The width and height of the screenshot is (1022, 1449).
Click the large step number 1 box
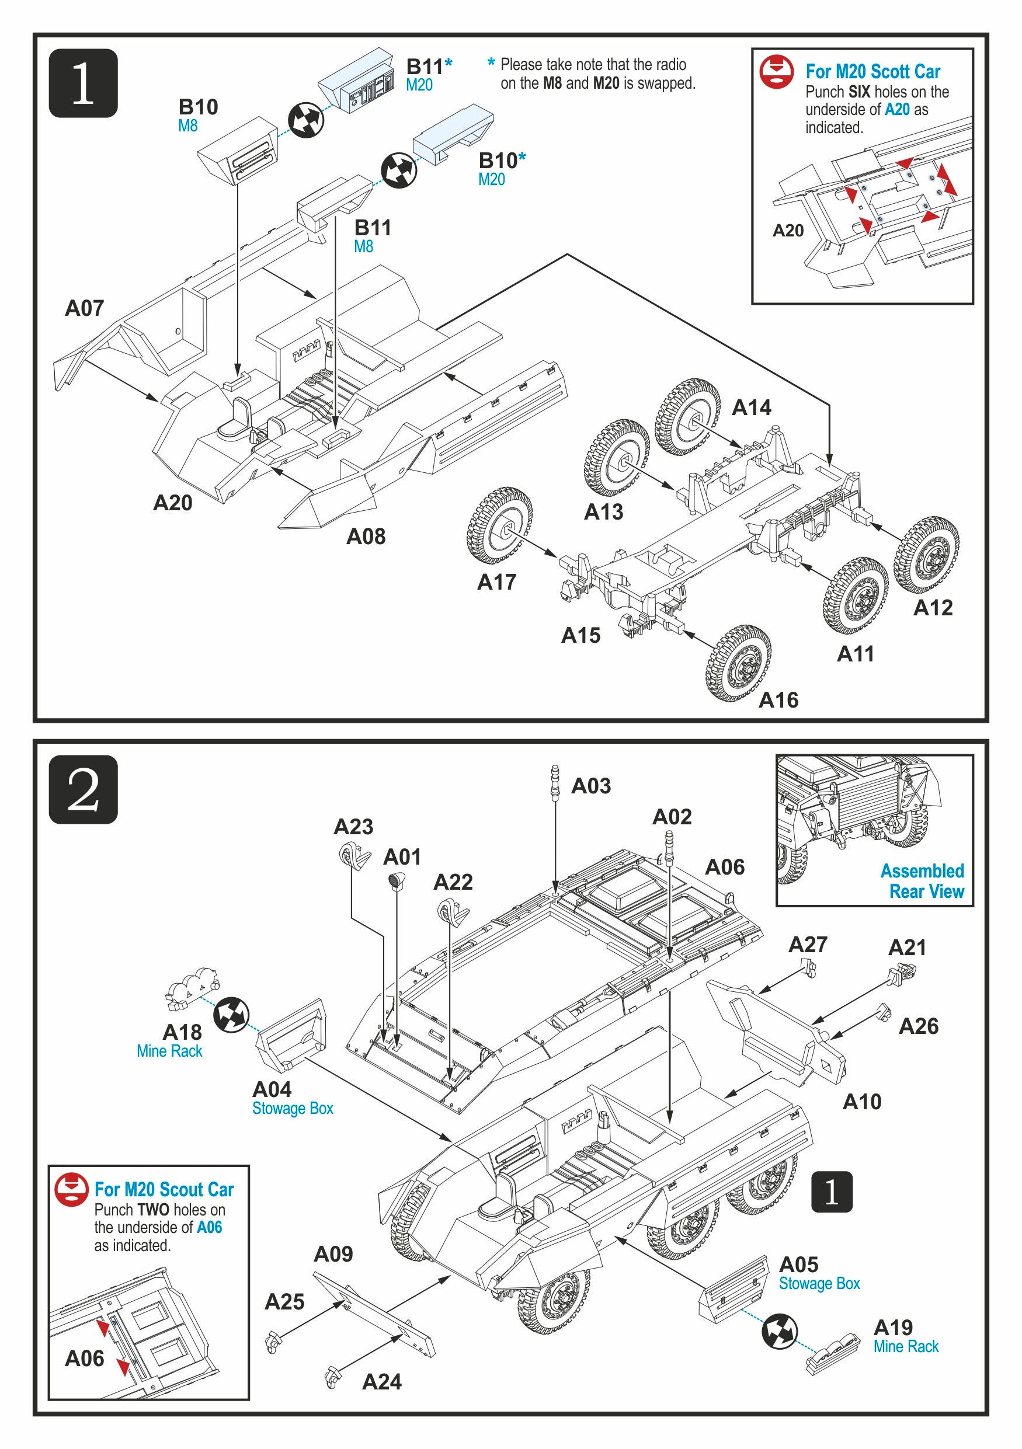(x=84, y=83)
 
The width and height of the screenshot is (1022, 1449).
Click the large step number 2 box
(x=84, y=789)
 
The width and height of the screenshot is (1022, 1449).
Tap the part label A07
(x=84, y=308)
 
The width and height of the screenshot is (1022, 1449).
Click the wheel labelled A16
(x=739, y=664)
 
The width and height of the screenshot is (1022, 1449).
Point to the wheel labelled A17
(x=499, y=525)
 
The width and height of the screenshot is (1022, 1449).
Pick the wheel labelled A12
(x=927, y=554)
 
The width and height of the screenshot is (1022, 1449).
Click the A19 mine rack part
(x=832, y=1354)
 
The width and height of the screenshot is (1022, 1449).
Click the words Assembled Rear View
(x=922, y=881)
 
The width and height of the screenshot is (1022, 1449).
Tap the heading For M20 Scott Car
(x=872, y=71)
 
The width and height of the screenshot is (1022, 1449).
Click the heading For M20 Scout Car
(x=164, y=1190)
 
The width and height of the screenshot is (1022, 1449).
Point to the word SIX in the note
(x=858, y=92)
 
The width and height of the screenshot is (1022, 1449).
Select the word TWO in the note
(x=154, y=1210)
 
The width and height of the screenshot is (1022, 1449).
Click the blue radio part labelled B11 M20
(x=357, y=81)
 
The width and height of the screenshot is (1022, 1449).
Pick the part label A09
(x=333, y=1254)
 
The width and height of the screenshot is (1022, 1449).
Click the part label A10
(x=861, y=1101)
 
